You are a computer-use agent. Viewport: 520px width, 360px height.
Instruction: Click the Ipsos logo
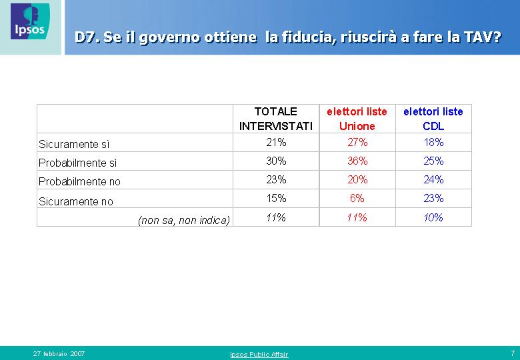pyautogui.click(x=30, y=21)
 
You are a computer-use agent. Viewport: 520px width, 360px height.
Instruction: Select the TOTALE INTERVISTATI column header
pyautogui.click(x=276, y=119)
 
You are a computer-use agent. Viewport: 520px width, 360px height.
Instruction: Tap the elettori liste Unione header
pyautogui.click(x=357, y=119)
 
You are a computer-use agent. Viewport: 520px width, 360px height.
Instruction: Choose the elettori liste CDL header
pyautogui.click(x=433, y=119)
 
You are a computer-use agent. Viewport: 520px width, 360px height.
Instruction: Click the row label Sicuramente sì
pyautogui.click(x=74, y=144)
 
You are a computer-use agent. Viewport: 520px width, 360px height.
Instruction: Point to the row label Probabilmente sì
pyautogui.click(x=77, y=163)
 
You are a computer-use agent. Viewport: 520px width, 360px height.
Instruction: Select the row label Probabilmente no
pyautogui.click(x=79, y=181)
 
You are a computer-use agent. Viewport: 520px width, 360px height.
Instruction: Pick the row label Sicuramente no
pyautogui.click(x=76, y=201)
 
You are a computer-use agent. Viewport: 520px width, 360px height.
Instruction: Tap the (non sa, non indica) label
pyautogui.click(x=184, y=221)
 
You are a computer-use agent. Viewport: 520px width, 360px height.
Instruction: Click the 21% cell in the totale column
pyautogui.click(x=276, y=142)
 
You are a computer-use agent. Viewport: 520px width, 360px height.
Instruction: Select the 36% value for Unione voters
pyautogui.click(x=357, y=161)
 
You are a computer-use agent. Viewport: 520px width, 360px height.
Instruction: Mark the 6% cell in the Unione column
pyautogui.click(x=357, y=198)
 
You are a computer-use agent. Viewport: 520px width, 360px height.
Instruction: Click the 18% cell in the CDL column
pyautogui.click(x=433, y=142)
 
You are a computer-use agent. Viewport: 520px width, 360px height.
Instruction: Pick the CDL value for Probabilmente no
pyautogui.click(x=433, y=180)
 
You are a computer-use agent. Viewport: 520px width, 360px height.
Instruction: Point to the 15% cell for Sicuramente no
pyautogui.click(x=276, y=198)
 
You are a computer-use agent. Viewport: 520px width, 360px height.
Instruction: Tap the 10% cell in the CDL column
pyautogui.click(x=433, y=217)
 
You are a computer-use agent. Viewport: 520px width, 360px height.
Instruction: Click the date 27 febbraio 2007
pyautogui.click(x=59, y=354)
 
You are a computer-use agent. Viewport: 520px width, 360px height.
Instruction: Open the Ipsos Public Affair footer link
pyautogui.click(x=259, y=355)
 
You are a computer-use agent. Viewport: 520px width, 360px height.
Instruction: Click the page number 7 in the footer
pyautogui.click(x=513, y=353)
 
